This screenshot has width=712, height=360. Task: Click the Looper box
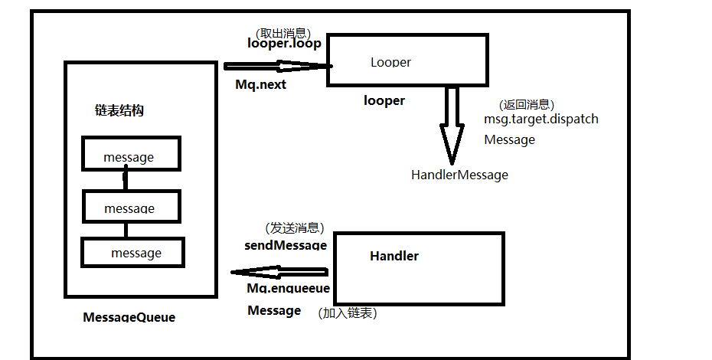408,60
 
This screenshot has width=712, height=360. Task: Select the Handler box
419,268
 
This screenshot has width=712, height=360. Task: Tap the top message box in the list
130,154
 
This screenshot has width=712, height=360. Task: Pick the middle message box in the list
130,207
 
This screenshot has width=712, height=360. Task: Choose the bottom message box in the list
133,252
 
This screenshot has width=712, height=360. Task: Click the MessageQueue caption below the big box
129,316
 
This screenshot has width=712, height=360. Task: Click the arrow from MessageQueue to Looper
276,66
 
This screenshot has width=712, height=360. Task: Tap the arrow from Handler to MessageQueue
280,271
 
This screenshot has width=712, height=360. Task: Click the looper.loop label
284,44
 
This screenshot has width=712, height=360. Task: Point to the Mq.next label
260,84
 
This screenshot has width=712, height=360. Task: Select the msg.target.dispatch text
541,119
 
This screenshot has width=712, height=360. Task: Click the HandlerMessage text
459,175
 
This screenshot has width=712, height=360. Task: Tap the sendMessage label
286,246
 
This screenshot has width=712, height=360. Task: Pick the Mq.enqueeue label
288,289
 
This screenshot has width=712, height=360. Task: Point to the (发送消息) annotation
295,228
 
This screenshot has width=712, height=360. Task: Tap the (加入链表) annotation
348,313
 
